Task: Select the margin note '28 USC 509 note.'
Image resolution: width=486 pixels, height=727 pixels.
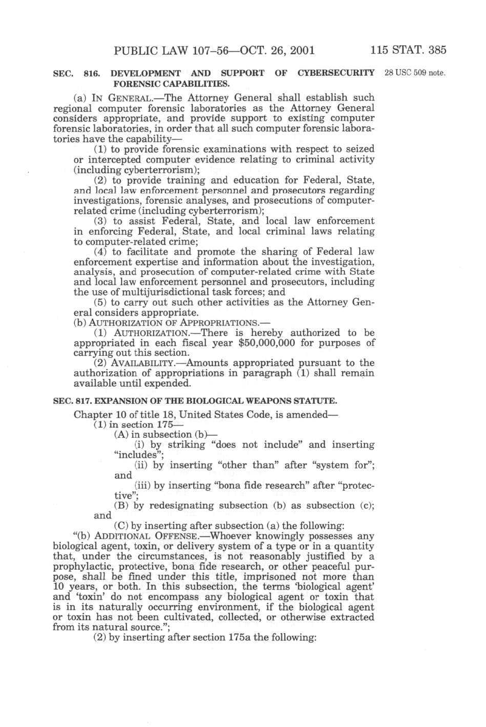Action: click(415, 73)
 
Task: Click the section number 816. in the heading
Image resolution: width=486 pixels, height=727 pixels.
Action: click(91, 74)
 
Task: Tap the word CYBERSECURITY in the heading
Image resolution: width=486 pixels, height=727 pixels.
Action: click(336, 73)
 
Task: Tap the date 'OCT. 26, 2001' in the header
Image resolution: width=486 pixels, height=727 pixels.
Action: click(278, 51)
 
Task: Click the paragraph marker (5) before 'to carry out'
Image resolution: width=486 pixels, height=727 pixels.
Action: click(100, 302)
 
